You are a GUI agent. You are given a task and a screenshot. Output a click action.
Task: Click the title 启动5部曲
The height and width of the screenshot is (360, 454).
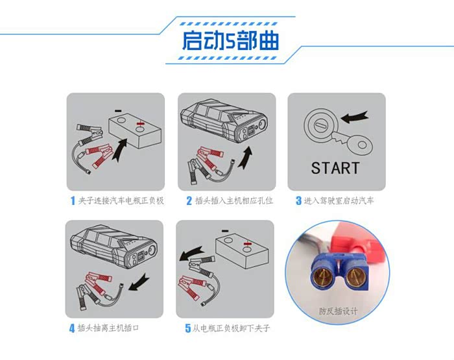tap(230, 40)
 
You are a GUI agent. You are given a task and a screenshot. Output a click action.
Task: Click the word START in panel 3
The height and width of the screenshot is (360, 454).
tap(335, 168)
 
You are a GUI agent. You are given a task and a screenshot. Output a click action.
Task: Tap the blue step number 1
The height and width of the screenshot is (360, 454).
tap(73, 200)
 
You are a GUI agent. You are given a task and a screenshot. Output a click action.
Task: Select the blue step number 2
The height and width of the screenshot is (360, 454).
tap(189, 200)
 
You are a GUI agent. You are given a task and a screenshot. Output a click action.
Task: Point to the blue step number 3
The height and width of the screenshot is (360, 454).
tap(298, 200)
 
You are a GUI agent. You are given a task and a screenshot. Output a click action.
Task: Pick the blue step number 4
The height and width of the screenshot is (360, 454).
tap(72, 328)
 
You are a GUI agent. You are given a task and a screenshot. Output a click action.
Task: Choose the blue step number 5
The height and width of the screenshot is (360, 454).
tap(188, 328)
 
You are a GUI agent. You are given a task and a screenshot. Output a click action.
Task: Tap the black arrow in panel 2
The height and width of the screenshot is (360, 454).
tap(246, 158)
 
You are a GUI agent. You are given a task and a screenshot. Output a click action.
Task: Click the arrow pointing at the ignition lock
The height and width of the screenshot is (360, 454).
tap(354, 117)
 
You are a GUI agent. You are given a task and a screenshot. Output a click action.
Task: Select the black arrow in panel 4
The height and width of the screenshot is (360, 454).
tap(139, 283)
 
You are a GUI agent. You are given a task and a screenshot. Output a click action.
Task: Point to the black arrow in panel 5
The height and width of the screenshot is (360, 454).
tap(191, 253)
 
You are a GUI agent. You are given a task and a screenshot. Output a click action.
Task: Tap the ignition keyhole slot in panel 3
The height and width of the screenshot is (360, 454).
tap(320, 126)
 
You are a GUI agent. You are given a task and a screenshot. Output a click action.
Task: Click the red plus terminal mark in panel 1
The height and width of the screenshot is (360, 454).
tap(140, 124)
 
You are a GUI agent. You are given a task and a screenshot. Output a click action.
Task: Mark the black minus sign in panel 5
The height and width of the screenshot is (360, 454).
tap(225, 231)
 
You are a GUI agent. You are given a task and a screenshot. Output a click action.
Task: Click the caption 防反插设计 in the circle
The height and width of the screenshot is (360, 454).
tap(338, 311)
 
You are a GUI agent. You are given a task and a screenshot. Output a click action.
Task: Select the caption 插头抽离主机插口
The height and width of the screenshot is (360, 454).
tap(108, 328)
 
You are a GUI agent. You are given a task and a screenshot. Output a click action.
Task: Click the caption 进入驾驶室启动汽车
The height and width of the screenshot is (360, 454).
tap(339, 200)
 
